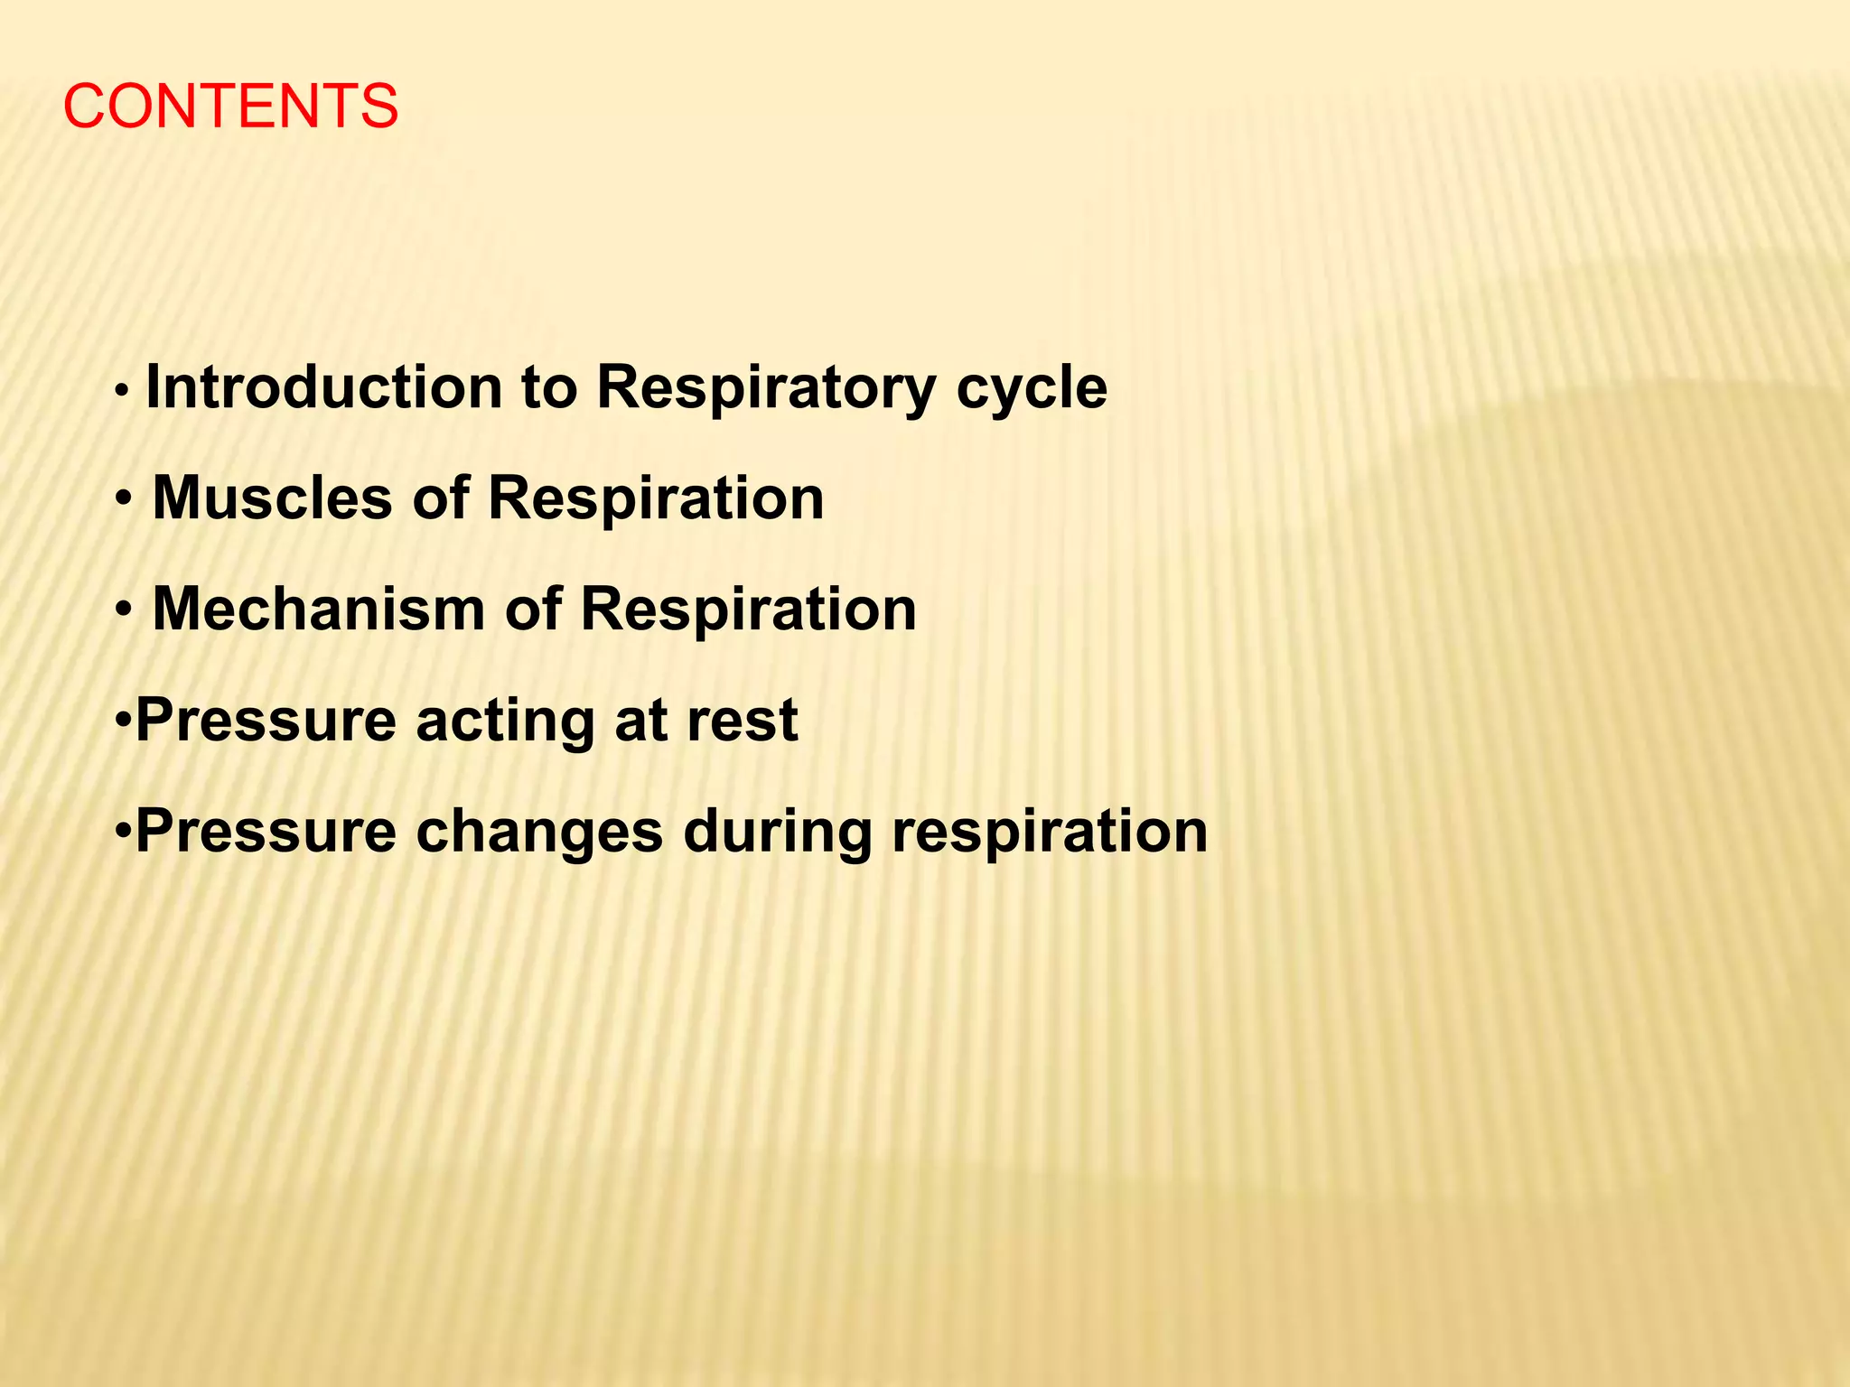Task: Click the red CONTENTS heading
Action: pos(230,107)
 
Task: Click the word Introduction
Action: pos(323,387)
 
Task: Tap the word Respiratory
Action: pos(766,387)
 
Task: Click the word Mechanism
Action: pos(319,610)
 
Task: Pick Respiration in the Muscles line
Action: pos(656,500)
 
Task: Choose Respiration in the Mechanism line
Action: pos(748,610)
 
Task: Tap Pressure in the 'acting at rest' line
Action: pos(266,721)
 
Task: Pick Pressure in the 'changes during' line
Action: pos(266,832)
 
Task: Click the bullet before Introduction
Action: pos(123,392)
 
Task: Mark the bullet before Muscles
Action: pos(125,500)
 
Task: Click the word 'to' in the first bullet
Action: pos(548,388)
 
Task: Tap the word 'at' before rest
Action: pos(640,721)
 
